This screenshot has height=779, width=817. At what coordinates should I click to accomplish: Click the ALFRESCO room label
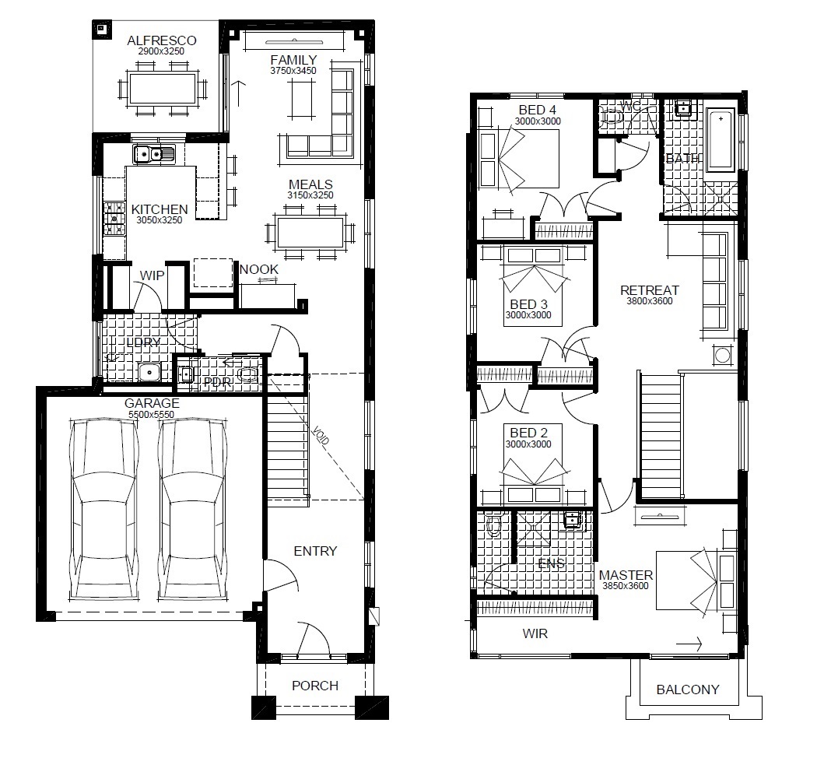click(x=162, y=40)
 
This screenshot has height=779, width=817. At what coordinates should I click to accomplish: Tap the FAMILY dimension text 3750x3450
click(x=293, y=71)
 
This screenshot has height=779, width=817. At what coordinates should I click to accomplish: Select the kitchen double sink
click(x=154, y=154)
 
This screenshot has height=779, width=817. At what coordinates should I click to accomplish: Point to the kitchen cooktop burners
click(x=114, y=219)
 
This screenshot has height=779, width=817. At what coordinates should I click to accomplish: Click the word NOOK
click(x=259, y=269)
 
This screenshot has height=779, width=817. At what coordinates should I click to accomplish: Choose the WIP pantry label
click(x=153, y=275)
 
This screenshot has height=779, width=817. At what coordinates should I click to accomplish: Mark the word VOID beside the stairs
click(x=321, y=435)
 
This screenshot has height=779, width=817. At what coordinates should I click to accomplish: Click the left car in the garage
click(x=104, y=509)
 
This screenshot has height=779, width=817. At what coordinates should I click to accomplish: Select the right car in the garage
click(x=193, y=509)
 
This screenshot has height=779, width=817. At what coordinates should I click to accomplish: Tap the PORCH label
click(x=315, y=686)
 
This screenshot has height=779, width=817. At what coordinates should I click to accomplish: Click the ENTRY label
click(x=315, y=551)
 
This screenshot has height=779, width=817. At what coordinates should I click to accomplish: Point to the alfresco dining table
click(x=163, y=89)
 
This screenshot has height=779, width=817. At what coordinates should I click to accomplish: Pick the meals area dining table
click(x=310, y=233)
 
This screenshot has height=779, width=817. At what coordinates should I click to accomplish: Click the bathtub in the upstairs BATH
click(x=721, y=139)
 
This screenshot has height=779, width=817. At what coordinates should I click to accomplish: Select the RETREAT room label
click(x=650, y=290)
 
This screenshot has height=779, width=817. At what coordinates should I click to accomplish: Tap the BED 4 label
click(x=537, y=110)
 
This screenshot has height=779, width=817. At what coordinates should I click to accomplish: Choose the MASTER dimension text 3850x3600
click(x=626, y=586)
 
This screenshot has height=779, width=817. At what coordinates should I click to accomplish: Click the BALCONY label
click(x=688, y=690)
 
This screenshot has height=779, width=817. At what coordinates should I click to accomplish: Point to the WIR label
click(x=535, y=633)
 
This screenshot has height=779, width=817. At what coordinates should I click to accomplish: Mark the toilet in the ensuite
click(x=493, y=525)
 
